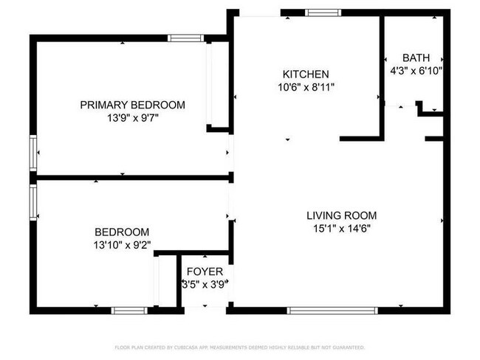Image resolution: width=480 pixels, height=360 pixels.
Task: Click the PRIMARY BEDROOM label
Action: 132,105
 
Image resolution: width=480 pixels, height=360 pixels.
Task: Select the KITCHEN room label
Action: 305,74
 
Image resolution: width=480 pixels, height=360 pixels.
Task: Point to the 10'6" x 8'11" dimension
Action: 305,86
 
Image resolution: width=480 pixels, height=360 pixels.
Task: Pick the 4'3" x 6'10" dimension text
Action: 416,72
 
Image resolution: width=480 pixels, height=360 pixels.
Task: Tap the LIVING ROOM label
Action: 341,215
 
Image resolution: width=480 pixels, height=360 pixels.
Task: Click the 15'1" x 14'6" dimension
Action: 341,228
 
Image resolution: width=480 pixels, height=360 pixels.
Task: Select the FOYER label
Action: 205,271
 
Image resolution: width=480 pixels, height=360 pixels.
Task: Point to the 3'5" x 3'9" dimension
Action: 205,284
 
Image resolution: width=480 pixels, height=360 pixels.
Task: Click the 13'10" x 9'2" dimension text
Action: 122,243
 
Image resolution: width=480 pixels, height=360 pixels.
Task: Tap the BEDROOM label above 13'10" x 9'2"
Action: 122,231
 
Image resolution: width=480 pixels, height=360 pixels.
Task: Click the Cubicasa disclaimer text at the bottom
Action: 239,347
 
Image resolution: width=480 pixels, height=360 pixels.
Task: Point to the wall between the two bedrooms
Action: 133,177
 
